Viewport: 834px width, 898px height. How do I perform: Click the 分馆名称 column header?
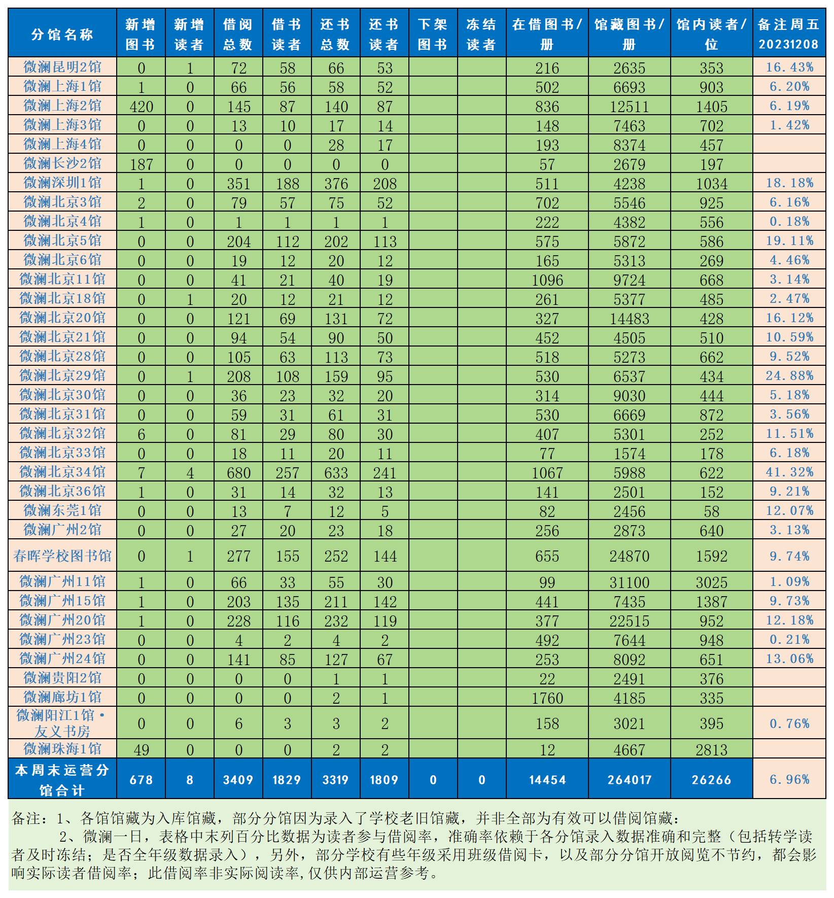[62, 34]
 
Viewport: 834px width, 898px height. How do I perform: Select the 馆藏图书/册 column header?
[629, 34]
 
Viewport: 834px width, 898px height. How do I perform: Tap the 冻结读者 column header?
[481, 34]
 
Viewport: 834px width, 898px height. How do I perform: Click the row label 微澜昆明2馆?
[62, 67]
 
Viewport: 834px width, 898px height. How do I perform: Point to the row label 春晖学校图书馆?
[62, 556]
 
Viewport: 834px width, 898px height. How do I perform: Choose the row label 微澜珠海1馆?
[62, 749]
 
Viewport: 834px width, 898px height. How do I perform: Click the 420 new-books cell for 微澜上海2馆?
[141, 107]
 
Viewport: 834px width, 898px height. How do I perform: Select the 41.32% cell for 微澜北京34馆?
[789, 472]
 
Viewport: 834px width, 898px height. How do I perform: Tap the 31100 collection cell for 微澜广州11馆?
[629, 582]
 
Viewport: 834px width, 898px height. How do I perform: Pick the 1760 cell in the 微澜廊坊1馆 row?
[547, 698]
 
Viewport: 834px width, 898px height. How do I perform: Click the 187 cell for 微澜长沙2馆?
[141, 164]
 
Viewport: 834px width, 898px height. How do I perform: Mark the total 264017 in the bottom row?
[629, 780]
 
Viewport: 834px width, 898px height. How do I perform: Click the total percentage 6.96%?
[789, 780]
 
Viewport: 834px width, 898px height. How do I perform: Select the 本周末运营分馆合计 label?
[62, 780]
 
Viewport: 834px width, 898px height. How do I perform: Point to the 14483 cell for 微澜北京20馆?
[629, 319]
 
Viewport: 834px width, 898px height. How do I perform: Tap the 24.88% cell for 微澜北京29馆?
[789, 376]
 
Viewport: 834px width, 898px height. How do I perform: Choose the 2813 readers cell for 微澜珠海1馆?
[711, 750]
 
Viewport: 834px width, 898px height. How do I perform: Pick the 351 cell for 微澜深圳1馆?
[238, 184]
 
